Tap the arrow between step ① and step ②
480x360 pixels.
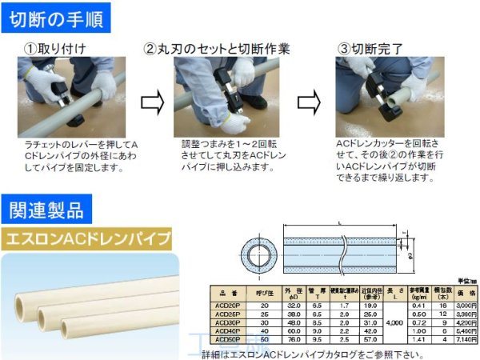point(152,103)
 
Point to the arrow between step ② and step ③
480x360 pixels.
point(308,103)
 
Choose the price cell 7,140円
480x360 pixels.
point(466,338)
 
